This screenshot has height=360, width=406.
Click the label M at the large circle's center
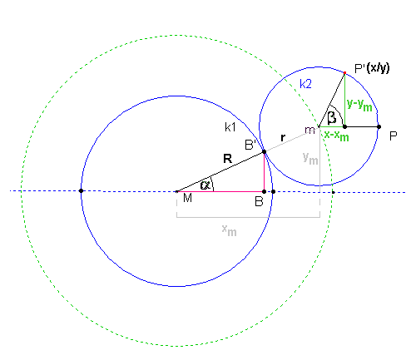(x=187, y=198)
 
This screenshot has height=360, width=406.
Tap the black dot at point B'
(x=264, y=151)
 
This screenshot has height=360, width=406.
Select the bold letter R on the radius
(x=227, y=159)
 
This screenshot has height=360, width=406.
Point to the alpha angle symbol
(x=205, y=185)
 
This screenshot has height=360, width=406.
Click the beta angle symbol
(x=332, y=117)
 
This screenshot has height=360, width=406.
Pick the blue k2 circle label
(x=305, y=83)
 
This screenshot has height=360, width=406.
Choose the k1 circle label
(x=230, y=127)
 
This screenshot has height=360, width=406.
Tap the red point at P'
(x=344, y=73)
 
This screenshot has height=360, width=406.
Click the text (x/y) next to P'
(x=378, y=68)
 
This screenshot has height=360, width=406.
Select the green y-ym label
(x=359, y=105)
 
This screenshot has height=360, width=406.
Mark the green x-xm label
(x=336, y=136)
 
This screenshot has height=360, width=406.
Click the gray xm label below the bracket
(x=229, y=230)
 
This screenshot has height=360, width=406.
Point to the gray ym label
(x=310, y=159)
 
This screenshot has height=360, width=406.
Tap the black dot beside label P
(x=379, y=127)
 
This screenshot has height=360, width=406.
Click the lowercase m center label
(x=309, y=130)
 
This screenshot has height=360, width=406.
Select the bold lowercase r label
(x=283, y=137)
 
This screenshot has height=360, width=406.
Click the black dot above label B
(x=264, y=191)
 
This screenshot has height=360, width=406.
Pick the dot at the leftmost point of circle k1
(x=81, y=191)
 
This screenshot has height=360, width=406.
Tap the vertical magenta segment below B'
(x=264, y=171)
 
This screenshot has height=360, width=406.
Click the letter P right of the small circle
(x=394, y=136)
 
